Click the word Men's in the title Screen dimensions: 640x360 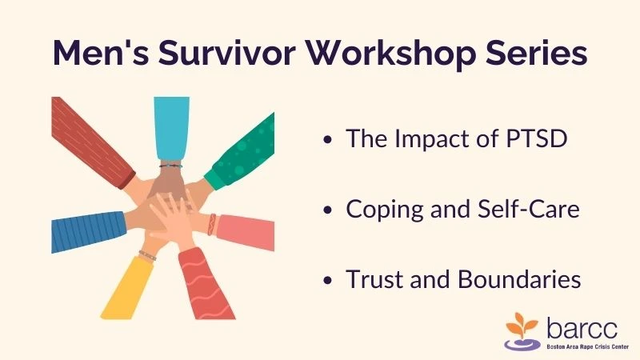pos(101,53)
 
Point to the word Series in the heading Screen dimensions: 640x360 pos(537,53)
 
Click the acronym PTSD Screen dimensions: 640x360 pos(536,138)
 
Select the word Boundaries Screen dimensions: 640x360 pos(519,279)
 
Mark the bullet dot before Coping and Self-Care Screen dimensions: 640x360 pos(327,210)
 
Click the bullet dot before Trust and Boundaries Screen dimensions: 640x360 pos(327,281)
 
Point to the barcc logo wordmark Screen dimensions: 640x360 pos(582,328)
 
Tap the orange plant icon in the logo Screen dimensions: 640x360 pos(522,326)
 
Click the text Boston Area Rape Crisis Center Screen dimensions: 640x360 pos(587,347)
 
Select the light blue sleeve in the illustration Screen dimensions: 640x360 pos(171,128)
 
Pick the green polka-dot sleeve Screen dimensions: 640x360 pos(241,153)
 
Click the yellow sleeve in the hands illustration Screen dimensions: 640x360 pos(126,289)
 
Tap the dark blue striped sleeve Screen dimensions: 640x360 pos(88,231)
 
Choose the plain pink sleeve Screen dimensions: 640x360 pos(246,232)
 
